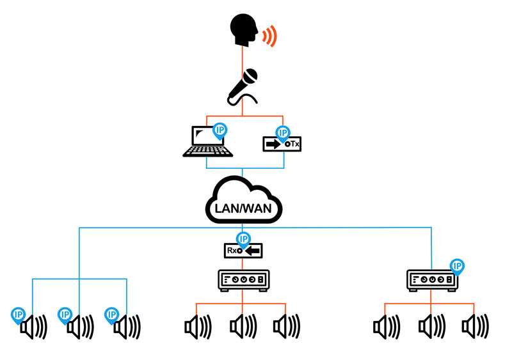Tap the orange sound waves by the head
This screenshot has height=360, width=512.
coord(271,36)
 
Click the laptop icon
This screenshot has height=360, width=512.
coord(206,143)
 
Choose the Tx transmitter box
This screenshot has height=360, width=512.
coord(282,145)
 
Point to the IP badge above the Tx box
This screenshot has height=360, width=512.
coord(282,132)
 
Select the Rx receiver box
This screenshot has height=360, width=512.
coord(243,251)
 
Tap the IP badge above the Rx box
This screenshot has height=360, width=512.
coord(243,239)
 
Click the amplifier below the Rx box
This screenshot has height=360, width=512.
coord(243,280)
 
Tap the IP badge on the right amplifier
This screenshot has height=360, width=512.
coord(457,265)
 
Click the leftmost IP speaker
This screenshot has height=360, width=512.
coord(34,327)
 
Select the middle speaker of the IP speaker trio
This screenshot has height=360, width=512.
coord(80,327)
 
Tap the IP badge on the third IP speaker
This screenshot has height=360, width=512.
coord(112,314)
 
